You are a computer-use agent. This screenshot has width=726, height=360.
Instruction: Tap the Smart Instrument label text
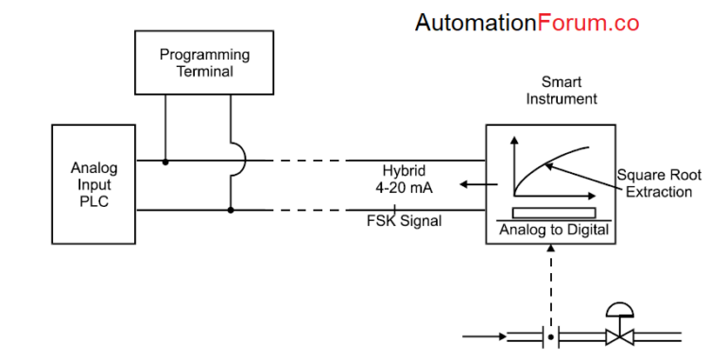click(561, 91)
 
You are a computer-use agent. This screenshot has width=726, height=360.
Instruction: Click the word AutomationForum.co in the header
click(527, 24)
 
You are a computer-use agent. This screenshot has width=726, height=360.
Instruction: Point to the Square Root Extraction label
click(659, 183)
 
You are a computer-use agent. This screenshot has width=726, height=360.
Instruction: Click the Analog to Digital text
click(553, 230)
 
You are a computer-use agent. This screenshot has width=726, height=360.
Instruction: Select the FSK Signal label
click(404, 221)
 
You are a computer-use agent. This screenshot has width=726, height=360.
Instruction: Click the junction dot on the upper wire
click(166, 162)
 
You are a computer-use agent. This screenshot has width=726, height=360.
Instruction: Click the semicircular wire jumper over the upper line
click(238, 162)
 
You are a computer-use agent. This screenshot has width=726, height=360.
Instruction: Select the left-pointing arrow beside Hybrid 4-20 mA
click(469, 184)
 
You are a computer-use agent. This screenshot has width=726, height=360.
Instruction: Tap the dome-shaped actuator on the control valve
click(620, 311)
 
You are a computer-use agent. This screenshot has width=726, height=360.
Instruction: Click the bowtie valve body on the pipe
click(620, 336)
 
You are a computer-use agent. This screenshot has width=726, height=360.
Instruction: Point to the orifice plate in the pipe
click(550, 335)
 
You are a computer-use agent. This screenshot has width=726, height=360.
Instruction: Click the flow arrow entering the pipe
click(484, 335)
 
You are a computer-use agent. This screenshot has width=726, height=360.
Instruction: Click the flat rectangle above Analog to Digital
click(554, 212)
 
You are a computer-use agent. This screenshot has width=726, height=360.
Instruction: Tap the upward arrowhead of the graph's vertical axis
click(515, 141)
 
